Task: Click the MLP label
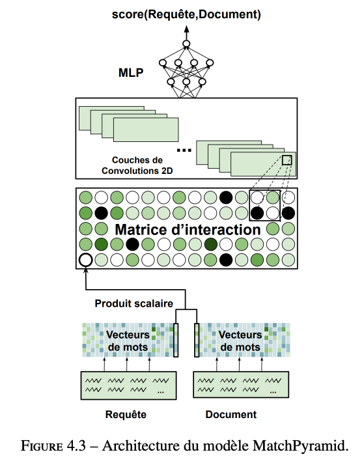(x=131, y=73)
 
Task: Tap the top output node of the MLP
(x=186, y=44)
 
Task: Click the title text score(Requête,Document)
(x=186, y=14)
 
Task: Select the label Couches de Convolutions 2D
(x=137, y=165)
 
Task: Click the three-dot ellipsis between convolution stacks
(x=184, y=150)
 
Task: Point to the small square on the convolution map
(x=287, y=160)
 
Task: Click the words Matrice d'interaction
(x=188, y=230)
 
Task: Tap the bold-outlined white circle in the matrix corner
(x=86, y=260)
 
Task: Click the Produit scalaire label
(x=133, y=303)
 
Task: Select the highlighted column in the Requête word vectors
(x=176, y=340)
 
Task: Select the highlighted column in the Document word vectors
(x=197, y=340)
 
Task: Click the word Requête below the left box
(x=126, y=414)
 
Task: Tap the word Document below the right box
(x=231, y=415)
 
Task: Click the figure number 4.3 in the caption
(x=76, y=445)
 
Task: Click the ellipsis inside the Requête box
(x=161, y=392)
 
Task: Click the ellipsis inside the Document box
(x=273, y=392)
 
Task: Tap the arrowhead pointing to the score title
(x=186, y=29)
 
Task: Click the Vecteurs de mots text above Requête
(x=128, y=341)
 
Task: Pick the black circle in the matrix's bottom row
(x=226, y=260)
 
